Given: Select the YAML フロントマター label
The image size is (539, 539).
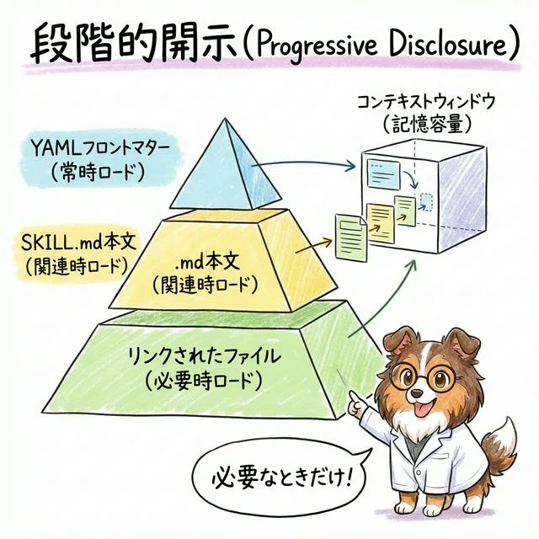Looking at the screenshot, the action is click(100, 150).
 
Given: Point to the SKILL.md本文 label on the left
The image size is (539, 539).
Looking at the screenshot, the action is click(78, 243).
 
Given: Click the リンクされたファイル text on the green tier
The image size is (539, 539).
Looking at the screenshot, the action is click(204, 356).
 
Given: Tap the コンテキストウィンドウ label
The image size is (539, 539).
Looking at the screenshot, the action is click(426, 102).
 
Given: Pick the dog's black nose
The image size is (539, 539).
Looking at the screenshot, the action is click(417, 393).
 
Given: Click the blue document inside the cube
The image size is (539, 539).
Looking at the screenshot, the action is click(384, 173).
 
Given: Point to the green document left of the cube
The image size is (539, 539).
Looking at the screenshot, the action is click(350, 236).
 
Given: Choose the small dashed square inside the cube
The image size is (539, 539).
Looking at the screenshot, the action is click(427, 202).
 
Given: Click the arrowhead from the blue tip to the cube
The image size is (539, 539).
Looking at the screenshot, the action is click(350, 167).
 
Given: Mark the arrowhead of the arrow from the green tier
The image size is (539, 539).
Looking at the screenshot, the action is click(413, 264).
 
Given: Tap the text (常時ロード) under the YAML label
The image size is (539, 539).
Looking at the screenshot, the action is click(98, 172).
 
